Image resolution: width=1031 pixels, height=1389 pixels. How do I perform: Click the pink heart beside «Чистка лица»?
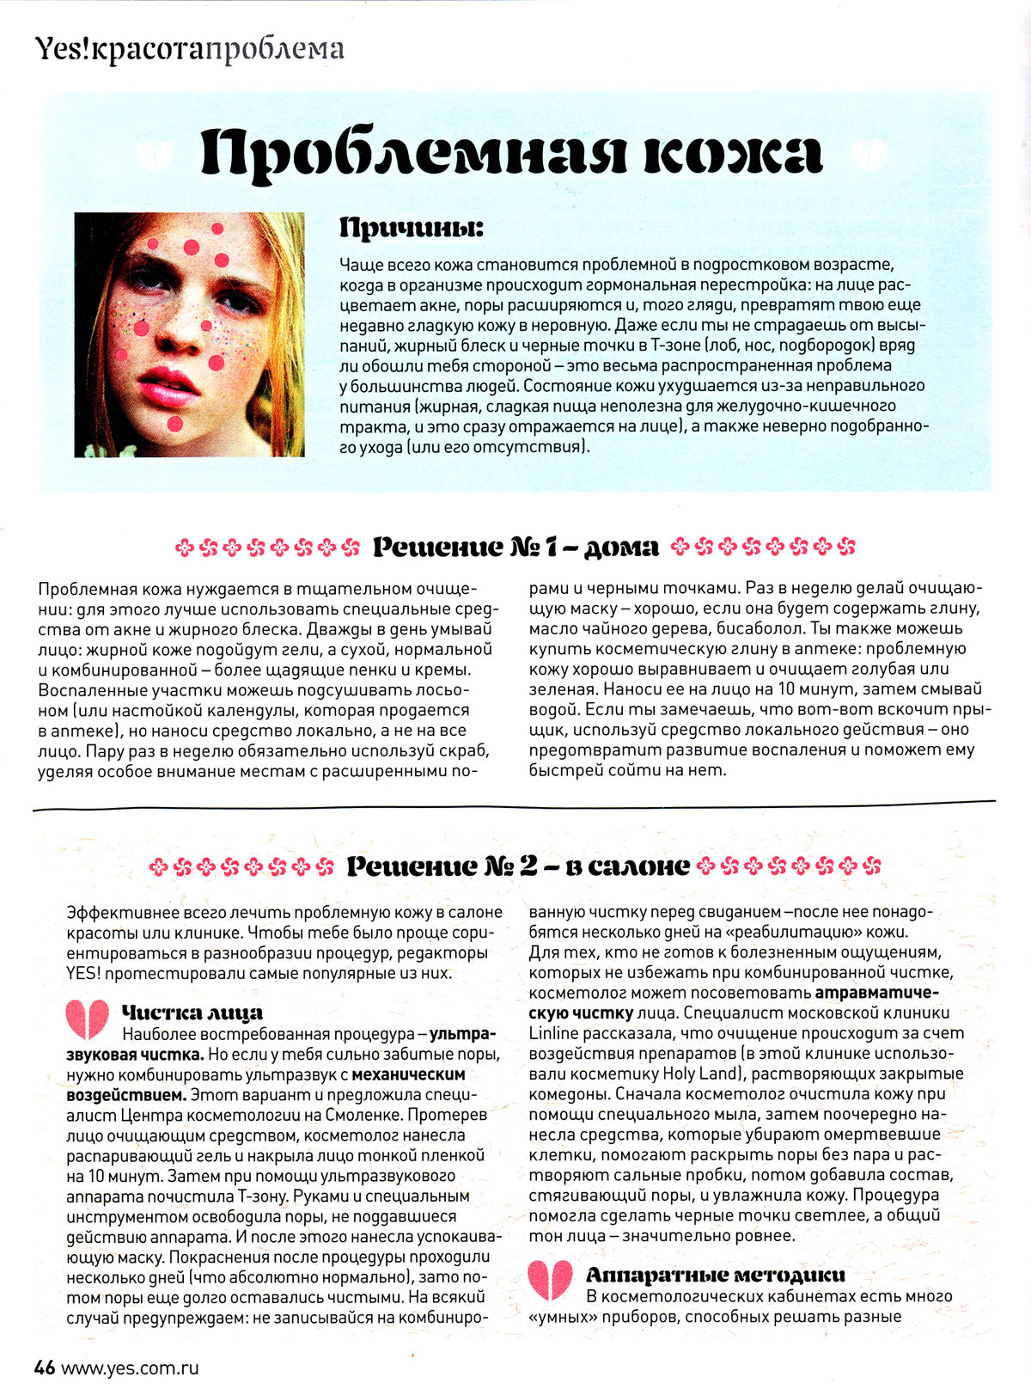[x=87, y=1019]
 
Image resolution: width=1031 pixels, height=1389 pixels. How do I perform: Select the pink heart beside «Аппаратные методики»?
[x=550, y=1279]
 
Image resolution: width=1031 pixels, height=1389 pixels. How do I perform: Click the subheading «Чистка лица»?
[x=192, y=1013]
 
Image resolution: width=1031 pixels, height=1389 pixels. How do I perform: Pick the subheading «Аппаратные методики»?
[x=715, y=1275]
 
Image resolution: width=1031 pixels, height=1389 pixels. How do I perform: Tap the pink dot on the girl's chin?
[x=175, y=423]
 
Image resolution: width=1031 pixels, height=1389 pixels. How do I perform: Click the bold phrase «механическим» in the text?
[x=409, y=1074]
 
